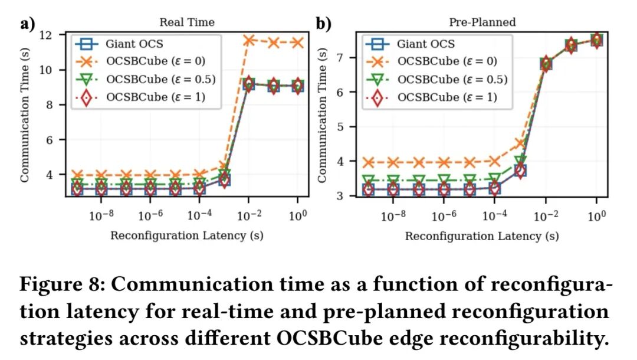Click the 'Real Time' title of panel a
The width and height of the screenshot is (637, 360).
187,23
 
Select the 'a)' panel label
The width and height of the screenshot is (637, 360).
28,24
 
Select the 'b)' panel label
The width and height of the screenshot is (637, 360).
323,24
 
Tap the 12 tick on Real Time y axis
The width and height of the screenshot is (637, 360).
50,35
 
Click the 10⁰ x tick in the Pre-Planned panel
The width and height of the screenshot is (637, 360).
596,215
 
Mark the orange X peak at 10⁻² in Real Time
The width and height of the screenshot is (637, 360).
249,40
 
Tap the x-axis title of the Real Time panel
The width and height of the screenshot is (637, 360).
187,235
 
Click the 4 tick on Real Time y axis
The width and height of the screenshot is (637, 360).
53,175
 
